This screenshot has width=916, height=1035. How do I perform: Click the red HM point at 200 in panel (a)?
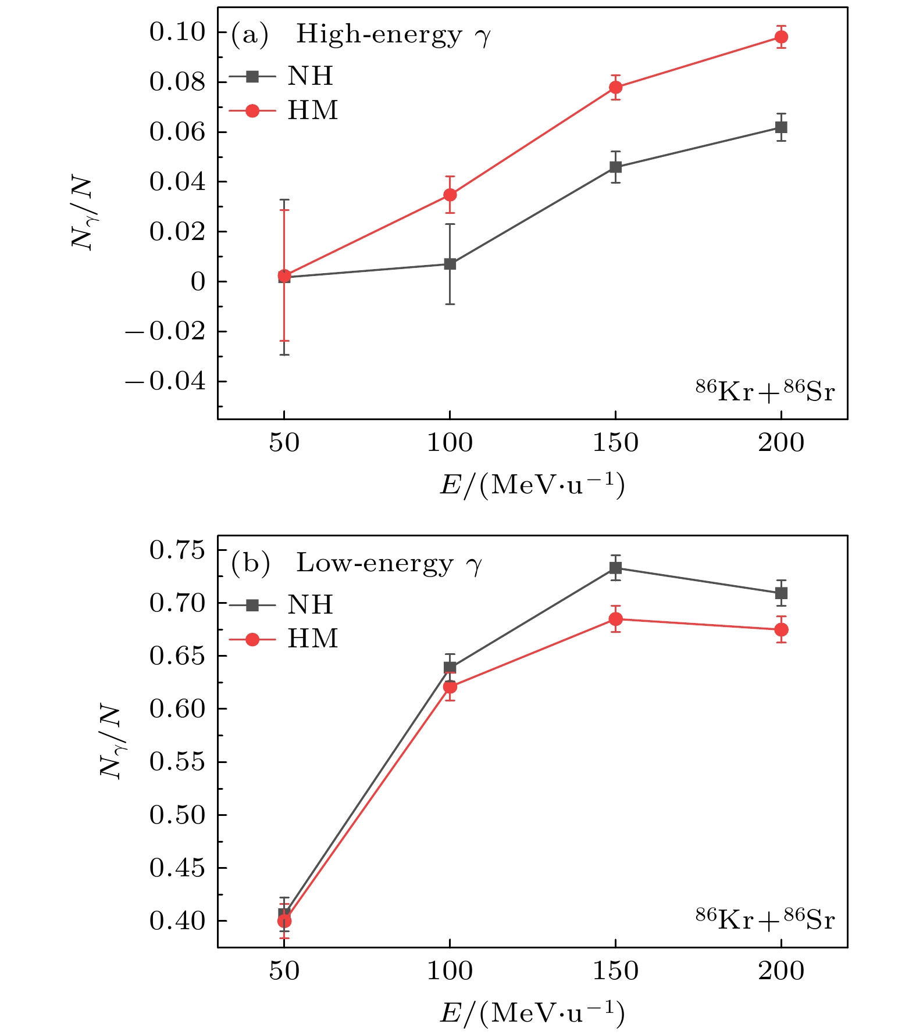tap(780, 37)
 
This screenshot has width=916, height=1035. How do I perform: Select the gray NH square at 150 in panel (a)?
tap(615, 167)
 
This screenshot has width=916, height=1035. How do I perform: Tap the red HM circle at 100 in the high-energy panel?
tap(450, 195)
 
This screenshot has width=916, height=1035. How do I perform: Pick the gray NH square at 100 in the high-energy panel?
tap(450, 264)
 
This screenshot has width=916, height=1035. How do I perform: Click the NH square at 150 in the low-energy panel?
tap(615, 568)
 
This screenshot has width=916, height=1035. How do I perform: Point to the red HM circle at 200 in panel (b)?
tap(780, 630)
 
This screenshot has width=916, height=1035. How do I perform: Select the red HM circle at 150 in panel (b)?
tap(615, 619)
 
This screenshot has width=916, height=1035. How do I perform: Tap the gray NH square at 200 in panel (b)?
tap(780, 593)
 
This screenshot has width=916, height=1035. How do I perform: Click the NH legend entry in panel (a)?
tap(283, 77)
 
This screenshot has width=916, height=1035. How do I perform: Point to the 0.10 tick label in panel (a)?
tap(177, 33)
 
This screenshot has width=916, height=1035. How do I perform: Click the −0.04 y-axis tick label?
tap(166, 382)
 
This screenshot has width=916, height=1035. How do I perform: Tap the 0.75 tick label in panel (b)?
tap(177, 550)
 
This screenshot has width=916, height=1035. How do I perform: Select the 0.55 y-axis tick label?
tap(177, 762)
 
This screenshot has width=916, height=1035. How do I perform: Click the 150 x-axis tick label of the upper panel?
tap(615, 443)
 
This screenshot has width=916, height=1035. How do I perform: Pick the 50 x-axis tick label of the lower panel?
tap(284, 971)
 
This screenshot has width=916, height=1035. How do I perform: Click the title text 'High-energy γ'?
tap(394, 35)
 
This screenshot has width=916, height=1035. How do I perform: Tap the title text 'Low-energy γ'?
tap(389, 564)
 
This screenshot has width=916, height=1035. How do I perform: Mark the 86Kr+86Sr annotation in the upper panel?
tap(765, 392)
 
